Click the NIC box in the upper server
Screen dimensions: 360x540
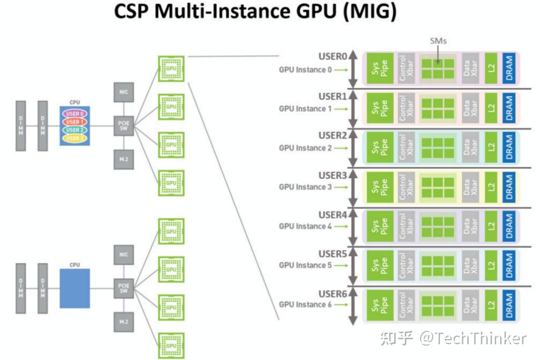124,92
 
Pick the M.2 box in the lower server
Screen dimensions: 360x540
124,322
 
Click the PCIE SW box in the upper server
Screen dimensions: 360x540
124,125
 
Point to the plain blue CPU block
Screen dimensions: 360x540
74,288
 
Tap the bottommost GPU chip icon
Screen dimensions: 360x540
171,345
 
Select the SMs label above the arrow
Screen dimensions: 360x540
438,41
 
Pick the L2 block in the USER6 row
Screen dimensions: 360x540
491,304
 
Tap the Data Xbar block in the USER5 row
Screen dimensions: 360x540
470,265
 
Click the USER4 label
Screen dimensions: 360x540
332,215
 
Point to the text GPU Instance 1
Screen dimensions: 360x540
305,109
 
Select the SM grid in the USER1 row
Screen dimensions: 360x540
438,108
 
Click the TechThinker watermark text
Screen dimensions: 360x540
472,339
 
